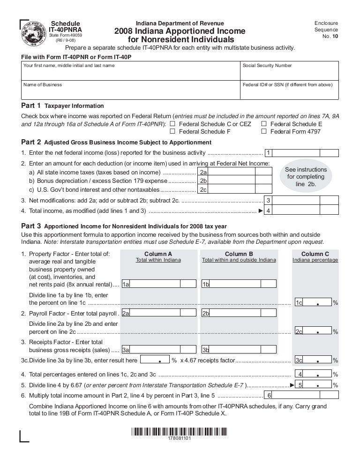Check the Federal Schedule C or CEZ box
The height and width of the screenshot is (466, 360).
tap(172, 124)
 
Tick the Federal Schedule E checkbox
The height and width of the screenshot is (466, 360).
tap(264, 124)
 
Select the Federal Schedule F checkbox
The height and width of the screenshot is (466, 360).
tap(172, 131)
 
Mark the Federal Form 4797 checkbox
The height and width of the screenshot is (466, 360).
tap(264, 131)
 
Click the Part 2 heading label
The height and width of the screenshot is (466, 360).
tap(31, 142)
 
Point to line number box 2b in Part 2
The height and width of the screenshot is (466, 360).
tap(203, 180)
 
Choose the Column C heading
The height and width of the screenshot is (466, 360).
tap(315, 254)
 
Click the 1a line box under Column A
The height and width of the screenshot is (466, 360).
tap(126, 284)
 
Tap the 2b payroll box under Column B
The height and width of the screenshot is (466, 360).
tap(205, 313)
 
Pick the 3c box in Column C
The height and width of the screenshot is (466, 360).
tap(299, 360)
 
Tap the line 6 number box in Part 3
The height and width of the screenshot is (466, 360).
tap(269, 395)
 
